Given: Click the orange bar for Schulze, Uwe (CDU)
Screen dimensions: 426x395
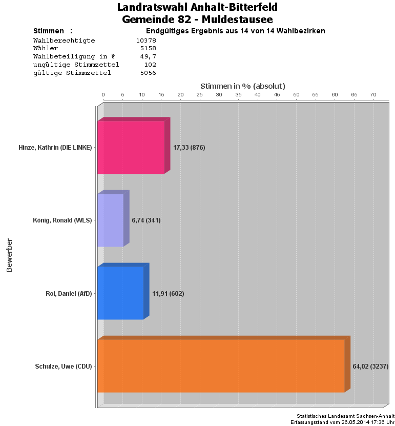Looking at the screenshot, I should (x=221, y=366).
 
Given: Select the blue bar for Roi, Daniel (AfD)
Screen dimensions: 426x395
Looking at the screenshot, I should (x=120, y=293).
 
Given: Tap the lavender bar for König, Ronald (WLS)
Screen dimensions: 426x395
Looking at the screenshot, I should (x=111, y=220).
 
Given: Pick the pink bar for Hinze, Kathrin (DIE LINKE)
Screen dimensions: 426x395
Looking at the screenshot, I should (x=131, y=148).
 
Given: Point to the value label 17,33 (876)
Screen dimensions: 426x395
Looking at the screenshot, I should (x=189, y=148).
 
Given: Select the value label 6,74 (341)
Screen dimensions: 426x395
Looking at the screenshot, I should (x=146, y=220).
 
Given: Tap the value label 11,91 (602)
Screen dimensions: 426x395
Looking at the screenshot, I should (x=168, y=294).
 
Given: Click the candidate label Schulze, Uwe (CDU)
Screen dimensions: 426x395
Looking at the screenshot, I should (x=64, y=367).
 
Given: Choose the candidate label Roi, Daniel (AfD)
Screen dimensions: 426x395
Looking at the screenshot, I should (x=69, y=294).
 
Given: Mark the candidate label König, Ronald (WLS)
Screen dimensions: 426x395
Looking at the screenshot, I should (x=62, y=220).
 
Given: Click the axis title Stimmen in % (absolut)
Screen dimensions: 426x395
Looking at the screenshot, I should (x=242, y=86).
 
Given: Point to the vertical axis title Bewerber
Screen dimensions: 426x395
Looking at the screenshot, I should (x=9, y=255).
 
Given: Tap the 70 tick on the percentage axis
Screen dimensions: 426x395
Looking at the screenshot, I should (x=373, y=95).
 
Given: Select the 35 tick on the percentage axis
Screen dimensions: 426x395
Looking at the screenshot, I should (x=238, y=95).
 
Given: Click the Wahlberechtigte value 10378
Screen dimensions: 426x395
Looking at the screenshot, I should (x=146, y=40).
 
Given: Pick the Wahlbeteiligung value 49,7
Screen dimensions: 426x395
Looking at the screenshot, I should (x=148, y=56).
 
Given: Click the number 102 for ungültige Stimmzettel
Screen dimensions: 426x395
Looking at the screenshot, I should (x=150, y=65).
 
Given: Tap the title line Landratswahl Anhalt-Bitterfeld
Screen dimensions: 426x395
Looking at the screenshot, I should (x=197, y=7).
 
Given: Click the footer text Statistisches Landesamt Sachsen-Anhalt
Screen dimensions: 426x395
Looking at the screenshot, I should (x=345, y=416).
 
